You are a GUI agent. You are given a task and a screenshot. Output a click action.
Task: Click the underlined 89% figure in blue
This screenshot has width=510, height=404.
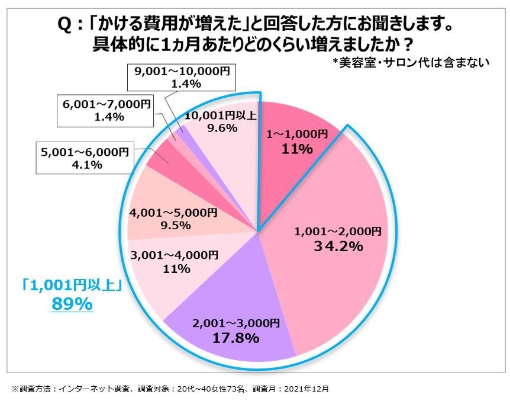(73, 304)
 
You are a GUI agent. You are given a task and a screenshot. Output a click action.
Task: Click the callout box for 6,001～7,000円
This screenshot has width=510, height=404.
(104, 110)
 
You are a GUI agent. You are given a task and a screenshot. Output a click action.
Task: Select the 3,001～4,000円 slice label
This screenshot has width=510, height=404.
(174, 256)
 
